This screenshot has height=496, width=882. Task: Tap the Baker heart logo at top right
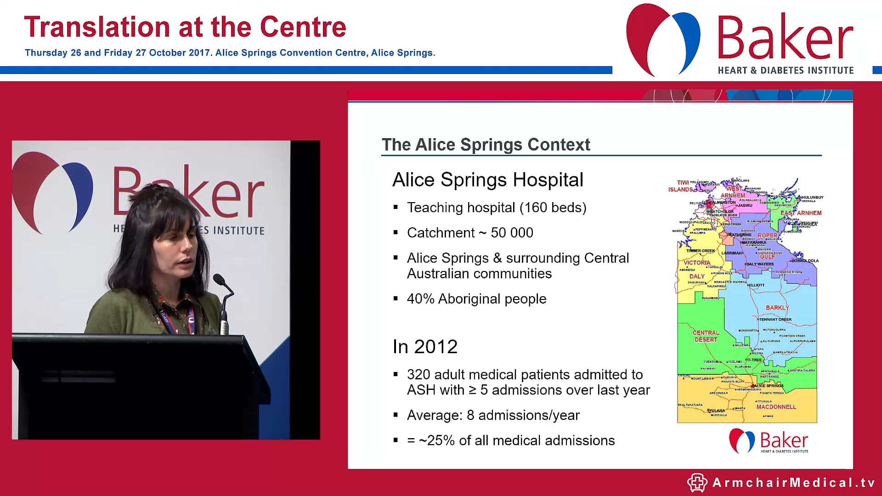click(x=662, y=39)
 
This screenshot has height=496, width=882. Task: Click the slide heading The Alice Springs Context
click(x=486, y=145)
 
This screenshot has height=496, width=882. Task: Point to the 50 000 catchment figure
click(x=512, y=233)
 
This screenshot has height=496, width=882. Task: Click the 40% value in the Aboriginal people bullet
click(x=420, y=299)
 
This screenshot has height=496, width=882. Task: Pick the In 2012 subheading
click(x=425, y=347)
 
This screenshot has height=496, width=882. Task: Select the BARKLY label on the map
click(x=777, y=308)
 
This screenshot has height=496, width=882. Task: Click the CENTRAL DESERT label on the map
click(x=706, y=336)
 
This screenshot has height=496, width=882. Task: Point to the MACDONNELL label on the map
click(x=776, y=407)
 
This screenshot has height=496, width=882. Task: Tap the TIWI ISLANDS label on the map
click(x=681, y=186)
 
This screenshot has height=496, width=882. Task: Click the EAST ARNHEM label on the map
click(x=801, y=213)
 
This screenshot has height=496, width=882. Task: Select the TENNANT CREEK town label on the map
click(x=775, y=319)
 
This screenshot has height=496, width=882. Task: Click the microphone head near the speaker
click(x=219, y=279)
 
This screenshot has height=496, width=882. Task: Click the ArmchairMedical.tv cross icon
click(x=697, y=482)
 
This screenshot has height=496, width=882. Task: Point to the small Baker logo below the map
click(x=768, y=441)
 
